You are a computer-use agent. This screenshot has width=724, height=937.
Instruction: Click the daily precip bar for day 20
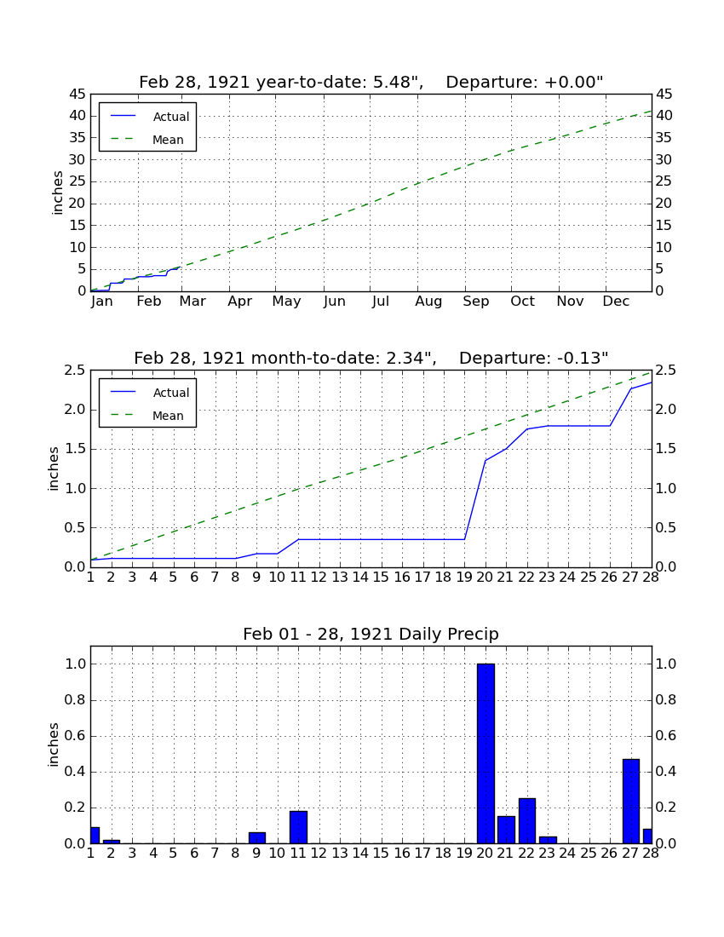pos(486,754)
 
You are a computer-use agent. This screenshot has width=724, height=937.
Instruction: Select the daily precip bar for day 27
pos(631,802)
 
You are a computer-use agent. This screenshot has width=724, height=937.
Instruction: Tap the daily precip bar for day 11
pos(298,827)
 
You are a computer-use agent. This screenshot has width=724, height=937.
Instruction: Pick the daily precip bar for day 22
pos(527,821)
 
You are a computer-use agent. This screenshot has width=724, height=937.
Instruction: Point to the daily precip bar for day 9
pos(257,838)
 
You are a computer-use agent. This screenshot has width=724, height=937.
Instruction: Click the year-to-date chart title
pos(371,83)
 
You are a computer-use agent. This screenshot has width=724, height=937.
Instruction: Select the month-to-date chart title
pos(371,359)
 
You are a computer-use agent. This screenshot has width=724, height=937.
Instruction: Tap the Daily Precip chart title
pos(371,634)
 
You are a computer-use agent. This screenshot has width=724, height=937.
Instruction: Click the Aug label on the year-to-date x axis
pos(429,302)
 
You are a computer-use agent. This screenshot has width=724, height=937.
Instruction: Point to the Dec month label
pos(616,302)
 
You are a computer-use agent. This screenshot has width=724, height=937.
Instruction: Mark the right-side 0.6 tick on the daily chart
pos(666,736)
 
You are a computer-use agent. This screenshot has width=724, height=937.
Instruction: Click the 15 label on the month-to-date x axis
pos(381,578)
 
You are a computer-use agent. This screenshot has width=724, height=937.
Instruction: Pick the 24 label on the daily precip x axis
pos(567,854)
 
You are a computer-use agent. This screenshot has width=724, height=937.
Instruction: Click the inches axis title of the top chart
pos(57,193)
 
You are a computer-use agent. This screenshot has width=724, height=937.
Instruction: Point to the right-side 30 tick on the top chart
pos(664,160)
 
